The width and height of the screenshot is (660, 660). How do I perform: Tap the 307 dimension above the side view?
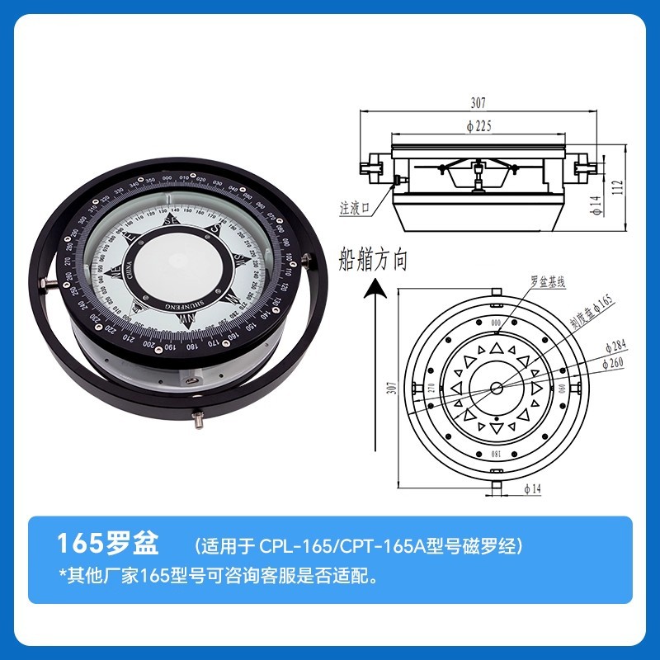[x=478, y=103]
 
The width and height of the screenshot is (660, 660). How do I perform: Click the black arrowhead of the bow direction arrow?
[x=376, y=288]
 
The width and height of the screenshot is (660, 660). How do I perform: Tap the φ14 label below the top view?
[x=532, y=488]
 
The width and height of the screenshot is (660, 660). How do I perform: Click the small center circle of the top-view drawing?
[x=496, y=388]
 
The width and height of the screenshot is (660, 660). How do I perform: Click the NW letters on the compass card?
[x=233, y=298]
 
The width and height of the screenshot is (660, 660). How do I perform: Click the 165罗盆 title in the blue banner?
[x=105, y=544]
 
